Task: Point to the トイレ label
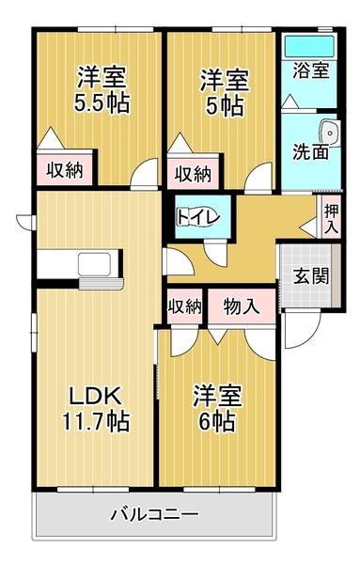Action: point(198,217)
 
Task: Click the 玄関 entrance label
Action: point(308,276)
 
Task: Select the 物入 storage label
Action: point(242,305)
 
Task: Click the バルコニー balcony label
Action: point(154,515)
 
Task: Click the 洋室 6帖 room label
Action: point(218,407)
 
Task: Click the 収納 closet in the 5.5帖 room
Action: point(63,170)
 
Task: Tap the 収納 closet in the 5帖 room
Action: point(192,173)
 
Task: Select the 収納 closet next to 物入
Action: point(184,305)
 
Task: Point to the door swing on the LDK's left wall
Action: point(24,222)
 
